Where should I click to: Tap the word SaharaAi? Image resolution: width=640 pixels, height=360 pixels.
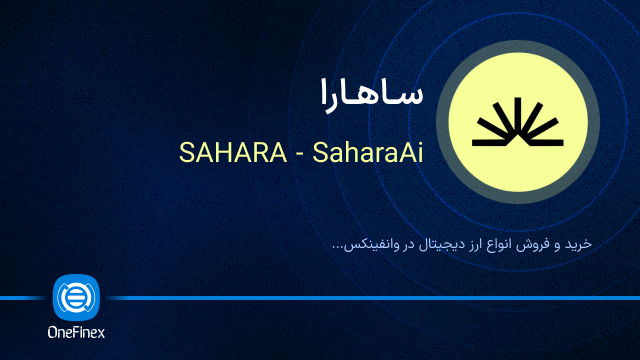[368, 152]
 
